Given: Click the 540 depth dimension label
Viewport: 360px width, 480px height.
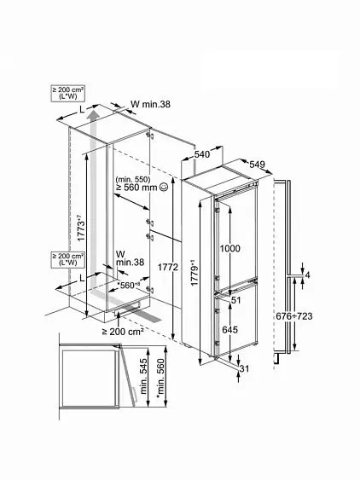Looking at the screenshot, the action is click(202, 154).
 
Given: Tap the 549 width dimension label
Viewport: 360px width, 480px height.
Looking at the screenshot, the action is click(257, 165).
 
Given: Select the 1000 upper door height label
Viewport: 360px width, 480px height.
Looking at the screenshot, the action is click(229, 248).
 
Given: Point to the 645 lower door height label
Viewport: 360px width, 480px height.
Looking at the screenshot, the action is click(229, 330).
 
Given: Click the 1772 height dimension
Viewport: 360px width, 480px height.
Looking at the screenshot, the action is click(167, 267).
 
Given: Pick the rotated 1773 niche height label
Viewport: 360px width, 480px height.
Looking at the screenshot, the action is click(80, 228).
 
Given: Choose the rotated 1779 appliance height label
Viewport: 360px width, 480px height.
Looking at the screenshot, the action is click(195, 273).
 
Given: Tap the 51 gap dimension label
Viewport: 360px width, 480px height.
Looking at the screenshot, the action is click(236, 300).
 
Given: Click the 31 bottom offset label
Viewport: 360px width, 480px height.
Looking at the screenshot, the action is click(244, 369).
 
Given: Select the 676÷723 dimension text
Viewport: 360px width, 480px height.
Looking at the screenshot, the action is click(294, 316).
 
